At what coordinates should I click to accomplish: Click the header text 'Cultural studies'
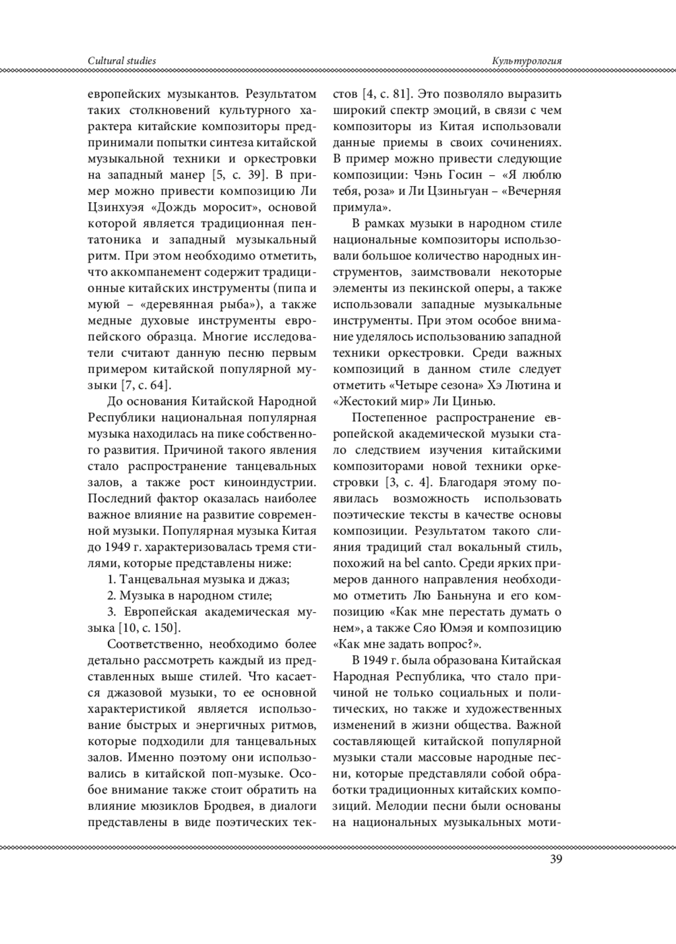click(x=122, y=60)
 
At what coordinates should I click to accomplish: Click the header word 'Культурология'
click(x=527, y=60)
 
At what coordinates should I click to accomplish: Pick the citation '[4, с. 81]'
click(x=388, y=93)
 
